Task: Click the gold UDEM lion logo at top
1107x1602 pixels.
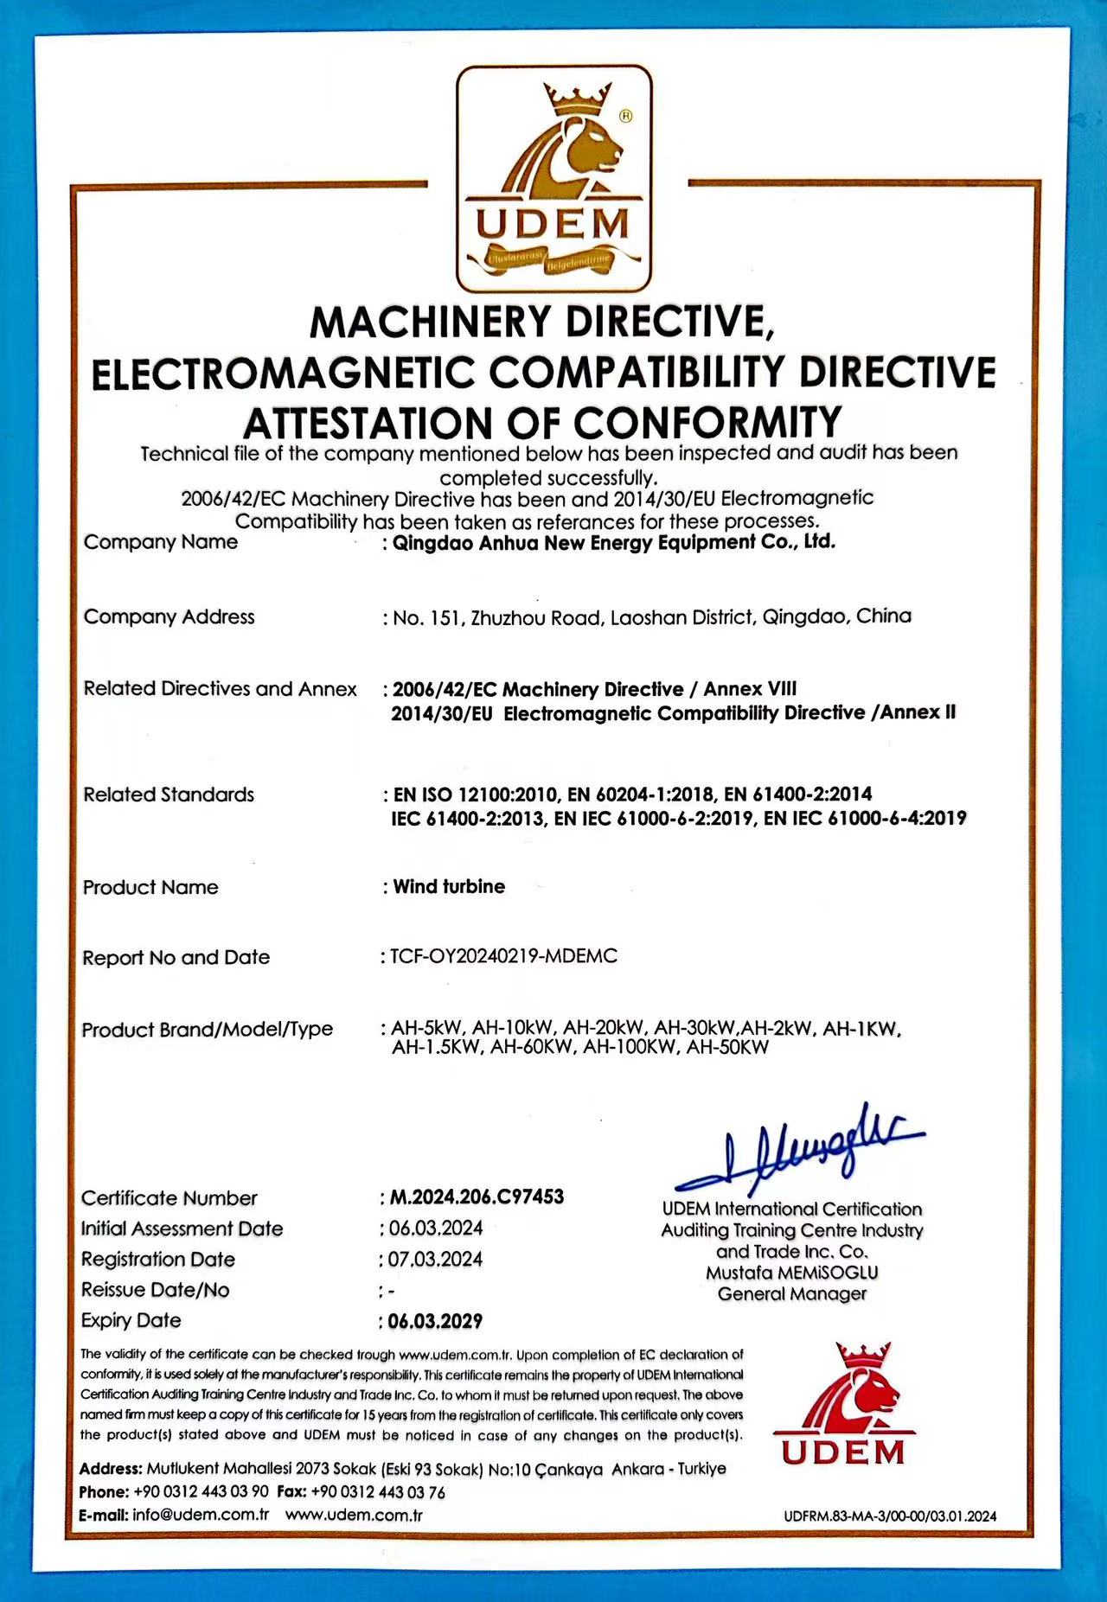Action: [x=553, y=177]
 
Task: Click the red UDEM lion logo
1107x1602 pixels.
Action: [x=842, y=1405]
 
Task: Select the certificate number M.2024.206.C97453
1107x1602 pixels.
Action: [x=477, y=1197]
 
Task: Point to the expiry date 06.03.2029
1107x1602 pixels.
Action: [x=435, y=1321]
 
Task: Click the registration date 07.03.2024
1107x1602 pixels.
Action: [x=435, y=1259]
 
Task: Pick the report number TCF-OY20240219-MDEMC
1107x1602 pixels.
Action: [x=503, y=956]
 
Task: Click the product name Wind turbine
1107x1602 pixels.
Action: [x=449, y=887]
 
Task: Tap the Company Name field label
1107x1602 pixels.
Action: [x=161, y=542]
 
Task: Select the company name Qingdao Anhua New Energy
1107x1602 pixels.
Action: [x=614, y=543]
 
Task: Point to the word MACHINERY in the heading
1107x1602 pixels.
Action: [x=430, y=322]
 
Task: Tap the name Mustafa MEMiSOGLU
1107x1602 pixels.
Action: [x=791, y=1273]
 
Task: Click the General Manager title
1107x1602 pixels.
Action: [x=791, y=1294]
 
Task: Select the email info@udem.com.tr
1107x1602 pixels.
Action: [x=201, y=1515]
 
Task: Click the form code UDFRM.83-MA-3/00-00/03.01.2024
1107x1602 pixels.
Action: [x=890, y=1516]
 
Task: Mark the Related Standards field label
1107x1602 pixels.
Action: [x=169, y=795]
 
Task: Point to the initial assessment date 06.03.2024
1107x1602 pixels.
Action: [x=435, y=1229]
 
